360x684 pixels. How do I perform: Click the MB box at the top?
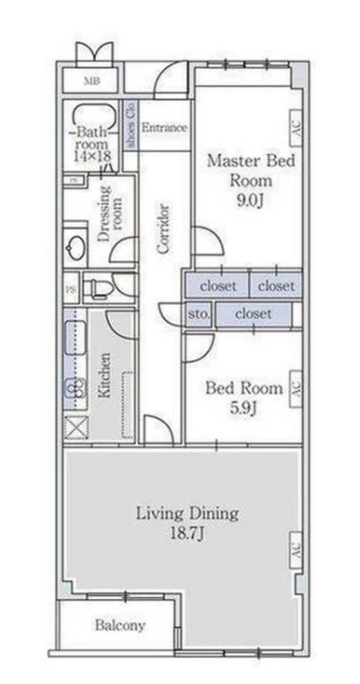(92, 81)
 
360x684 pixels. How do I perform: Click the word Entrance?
(165, 127)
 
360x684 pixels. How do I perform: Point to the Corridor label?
(163, 228)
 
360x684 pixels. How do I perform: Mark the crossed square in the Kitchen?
(74, 426)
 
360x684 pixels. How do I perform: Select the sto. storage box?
(197, 314)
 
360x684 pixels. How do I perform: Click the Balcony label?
(119, 625)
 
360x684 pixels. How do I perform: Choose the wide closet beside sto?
(253, 314)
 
